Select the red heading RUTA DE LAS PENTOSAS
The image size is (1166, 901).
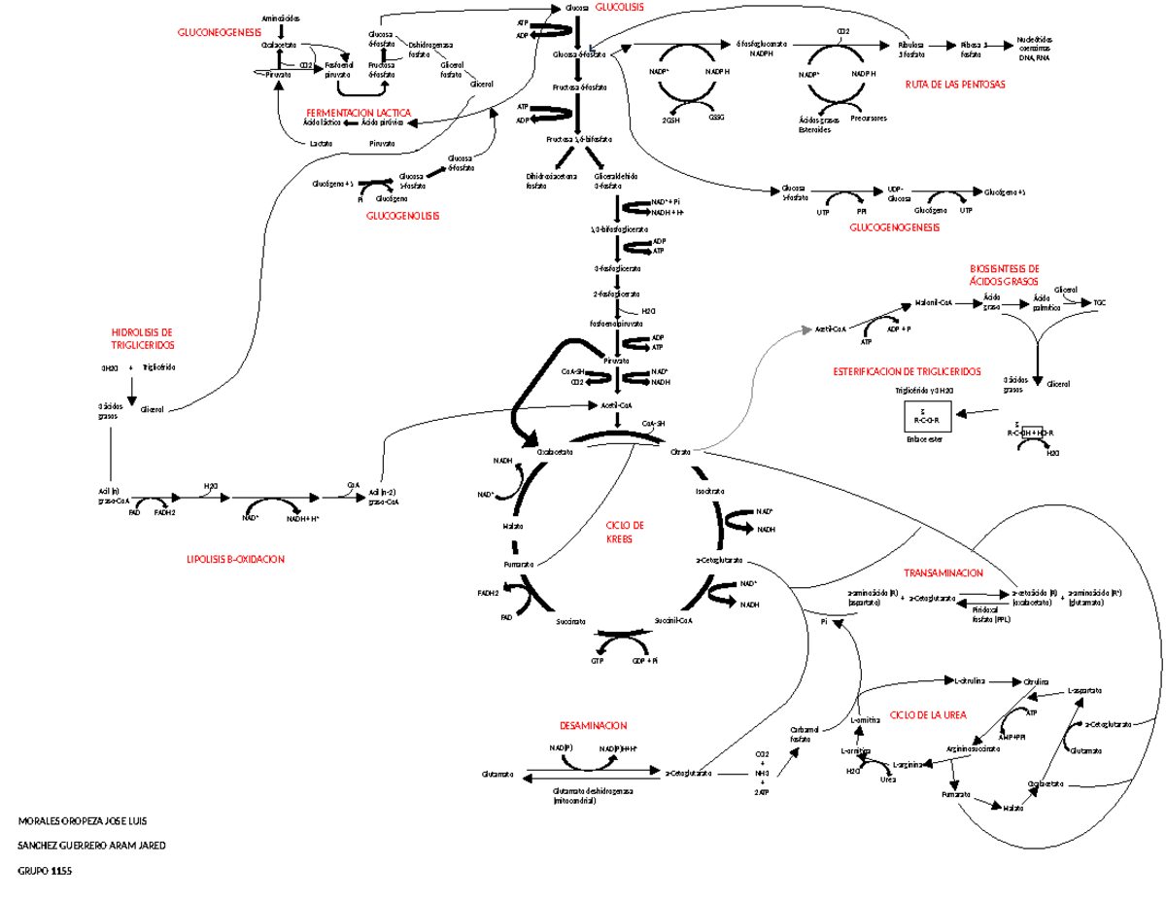(955, 85)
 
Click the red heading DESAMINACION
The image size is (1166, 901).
(593, 726)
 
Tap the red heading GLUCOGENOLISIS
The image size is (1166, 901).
(402, 216)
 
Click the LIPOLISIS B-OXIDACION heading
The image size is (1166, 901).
(236, 559)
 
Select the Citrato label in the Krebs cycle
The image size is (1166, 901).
(680, 452)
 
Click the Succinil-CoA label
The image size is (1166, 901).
(672, 619)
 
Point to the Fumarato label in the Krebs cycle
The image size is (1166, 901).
(518, 564)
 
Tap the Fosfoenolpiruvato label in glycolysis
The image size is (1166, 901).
(616, 323)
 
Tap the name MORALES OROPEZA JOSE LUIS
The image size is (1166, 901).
(83, 821)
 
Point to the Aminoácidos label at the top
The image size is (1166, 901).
(281, 18)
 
